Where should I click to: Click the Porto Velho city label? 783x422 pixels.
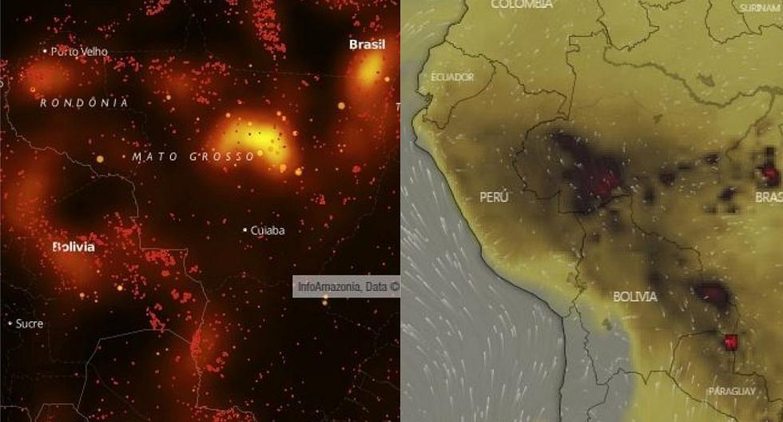tap(78, 51)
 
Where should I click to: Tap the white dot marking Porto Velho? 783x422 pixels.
tap(45, 51)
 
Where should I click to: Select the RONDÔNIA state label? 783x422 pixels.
tap(83, 103)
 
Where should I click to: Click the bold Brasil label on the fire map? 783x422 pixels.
tap(367, 45)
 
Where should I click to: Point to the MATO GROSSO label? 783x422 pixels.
tap(193, 157)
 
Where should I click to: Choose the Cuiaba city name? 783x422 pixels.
tap(268, 230)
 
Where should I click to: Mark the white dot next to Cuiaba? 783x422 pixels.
tap(244, 230)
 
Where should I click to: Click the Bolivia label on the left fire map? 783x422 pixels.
tap(73, 247)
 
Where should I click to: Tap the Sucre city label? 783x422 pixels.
tap(30, 324)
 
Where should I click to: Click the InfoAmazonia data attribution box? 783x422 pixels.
tap(347, 286)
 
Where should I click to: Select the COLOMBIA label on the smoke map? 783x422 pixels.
tap(522, 5)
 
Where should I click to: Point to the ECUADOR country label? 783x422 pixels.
tap(452, 77)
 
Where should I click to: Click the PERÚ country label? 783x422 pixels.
tap(495, 197)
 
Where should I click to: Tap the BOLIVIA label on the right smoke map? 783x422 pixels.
tap(635, 297)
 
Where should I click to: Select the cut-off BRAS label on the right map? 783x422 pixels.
tap(769, 197)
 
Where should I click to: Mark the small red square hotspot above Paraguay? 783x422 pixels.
tap(729, 342)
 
